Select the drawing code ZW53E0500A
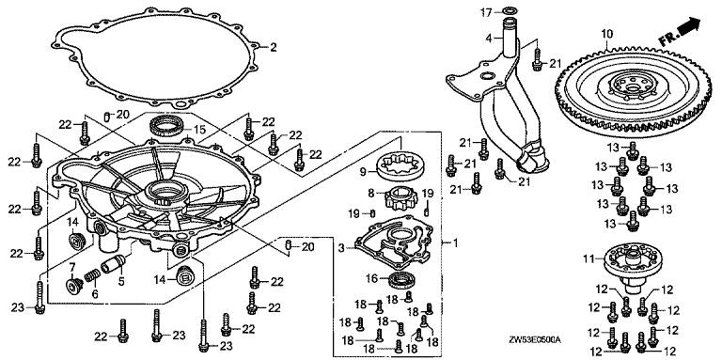[537, 340]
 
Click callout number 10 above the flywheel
[607, 34]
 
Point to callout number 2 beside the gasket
[273, 46]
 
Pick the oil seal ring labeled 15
[168, 125]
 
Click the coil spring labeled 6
[92, 277]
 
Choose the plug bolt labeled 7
[74, 286]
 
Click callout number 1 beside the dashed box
[455, 243]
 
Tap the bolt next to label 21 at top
[537, 60]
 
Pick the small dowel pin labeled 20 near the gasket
[107, 117]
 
